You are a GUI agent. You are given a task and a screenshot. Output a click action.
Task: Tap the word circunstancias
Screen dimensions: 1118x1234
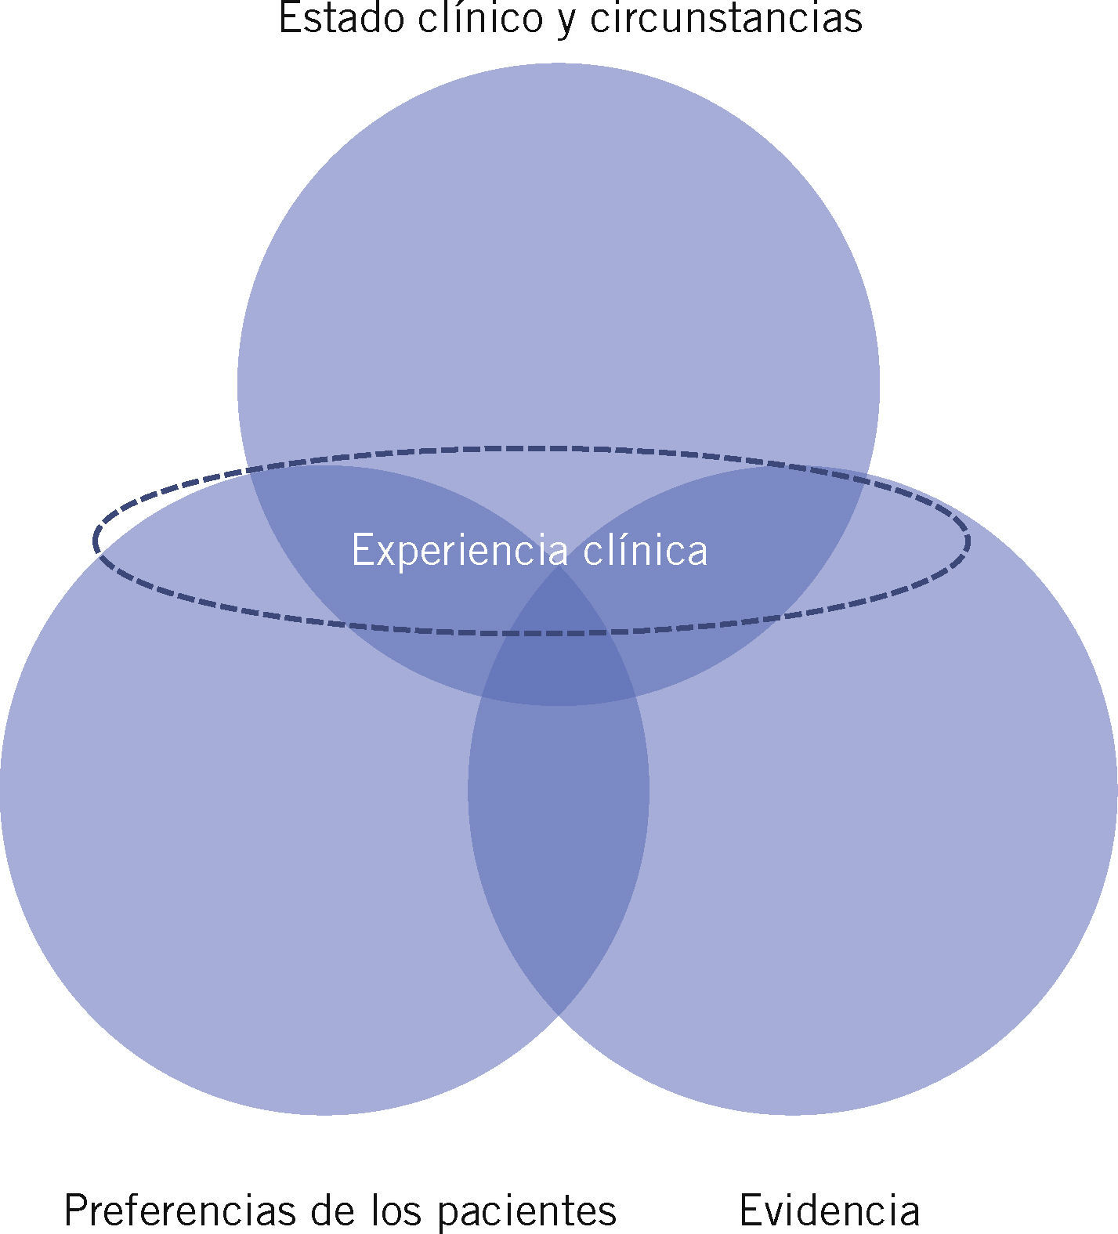pyautogui.click(x=725, y=18)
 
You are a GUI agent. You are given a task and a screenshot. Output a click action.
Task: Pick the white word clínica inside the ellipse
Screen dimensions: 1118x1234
pyautogui.click(x=646, y=549)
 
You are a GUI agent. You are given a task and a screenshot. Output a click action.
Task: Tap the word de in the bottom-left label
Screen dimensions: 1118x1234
pyautogui.click(x=331, y=1210)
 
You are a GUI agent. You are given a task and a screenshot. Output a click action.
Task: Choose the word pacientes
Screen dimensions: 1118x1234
pyautogui.click(x=526, y=1212)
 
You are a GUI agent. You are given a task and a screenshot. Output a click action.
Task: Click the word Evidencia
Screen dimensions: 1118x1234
pyautogui.click(x=829, y=1210)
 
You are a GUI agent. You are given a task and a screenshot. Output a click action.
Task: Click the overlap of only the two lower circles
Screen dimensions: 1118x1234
pyautogui.click(x=559, y=823)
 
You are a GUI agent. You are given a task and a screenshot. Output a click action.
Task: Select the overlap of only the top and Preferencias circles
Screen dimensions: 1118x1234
pyautogui.click(x=376, y=564)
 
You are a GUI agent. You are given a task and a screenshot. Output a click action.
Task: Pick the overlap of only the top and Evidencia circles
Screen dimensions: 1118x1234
pyautogui.click(x=744, y=564)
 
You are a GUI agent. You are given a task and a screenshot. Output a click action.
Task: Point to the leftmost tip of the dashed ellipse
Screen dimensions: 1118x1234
pyautogui.click(x=95, y=541)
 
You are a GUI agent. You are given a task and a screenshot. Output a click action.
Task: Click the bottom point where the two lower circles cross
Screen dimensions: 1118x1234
pyautogui.click(x=559, y=1015)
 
